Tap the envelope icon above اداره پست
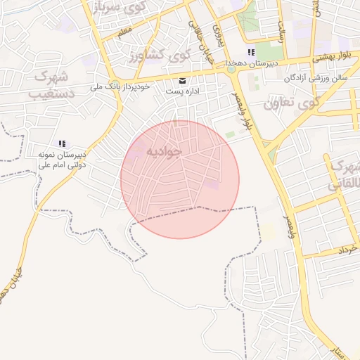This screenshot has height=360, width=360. (183, 80)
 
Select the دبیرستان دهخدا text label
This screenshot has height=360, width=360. (251, 63)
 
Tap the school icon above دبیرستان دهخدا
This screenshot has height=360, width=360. (251, 53)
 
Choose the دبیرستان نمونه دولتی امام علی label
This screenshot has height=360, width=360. (61, 158)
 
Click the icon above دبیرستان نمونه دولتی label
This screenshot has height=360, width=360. (62, 143)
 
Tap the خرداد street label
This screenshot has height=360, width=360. (348, 250)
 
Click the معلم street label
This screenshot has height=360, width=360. (125, 32)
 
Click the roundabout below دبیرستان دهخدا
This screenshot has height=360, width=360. (231, 69)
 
